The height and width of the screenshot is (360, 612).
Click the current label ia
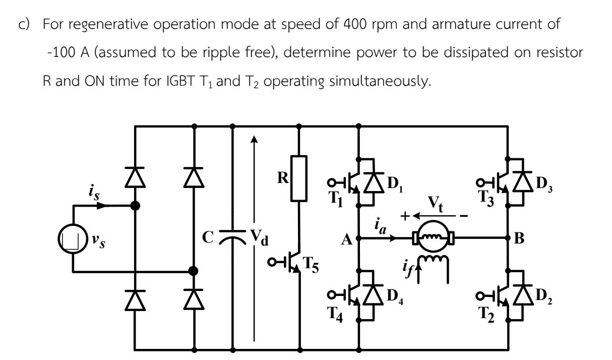click(x=381, y=226)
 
